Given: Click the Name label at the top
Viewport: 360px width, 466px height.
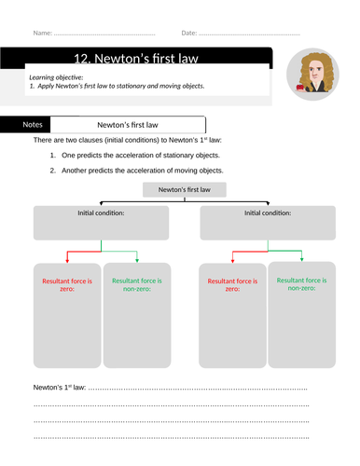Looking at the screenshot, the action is click(x=43, y=33).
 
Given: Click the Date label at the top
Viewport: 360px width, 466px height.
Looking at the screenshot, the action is click(x=189, y=33).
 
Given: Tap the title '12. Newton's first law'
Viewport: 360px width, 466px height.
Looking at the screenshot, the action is click(x=136, y=59).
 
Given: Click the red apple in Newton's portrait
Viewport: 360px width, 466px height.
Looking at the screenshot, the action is click(x=300, y=88).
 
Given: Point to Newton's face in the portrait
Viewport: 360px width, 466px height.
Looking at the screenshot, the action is click(x=315, y=73).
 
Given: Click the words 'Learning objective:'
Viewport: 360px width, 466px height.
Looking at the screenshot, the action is click(x=56, y=77).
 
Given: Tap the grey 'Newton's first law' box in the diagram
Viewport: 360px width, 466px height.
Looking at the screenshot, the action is click(x=185, y=189).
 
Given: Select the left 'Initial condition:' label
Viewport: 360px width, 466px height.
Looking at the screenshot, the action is click(x=101, y=213).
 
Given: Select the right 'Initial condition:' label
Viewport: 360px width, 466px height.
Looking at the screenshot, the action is click(x=268, y=213).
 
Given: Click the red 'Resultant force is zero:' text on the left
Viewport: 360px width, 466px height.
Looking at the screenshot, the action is click(x=67, y=285).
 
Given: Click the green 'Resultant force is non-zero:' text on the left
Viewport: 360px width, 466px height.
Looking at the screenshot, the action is click(x=137, y=284).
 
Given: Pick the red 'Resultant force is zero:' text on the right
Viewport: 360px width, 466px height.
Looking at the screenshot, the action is click(x=232, y=285).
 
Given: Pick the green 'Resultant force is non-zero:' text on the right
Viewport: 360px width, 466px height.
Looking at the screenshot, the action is click(x=301, y=284).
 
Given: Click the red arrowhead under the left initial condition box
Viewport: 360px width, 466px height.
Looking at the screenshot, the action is click(x=67, y=261).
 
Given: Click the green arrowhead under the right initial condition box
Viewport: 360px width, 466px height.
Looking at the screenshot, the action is click(x=301, y=259).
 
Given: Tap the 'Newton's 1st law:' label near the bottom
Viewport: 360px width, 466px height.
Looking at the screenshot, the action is click(x=60, y=388).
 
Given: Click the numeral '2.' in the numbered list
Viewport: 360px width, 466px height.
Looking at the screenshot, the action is click(x=53, y=171).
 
